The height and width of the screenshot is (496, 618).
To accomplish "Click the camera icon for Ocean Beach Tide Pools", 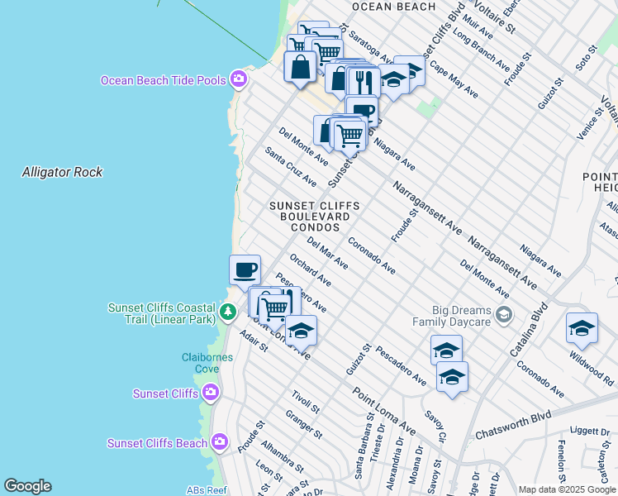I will click(x=239, y=79).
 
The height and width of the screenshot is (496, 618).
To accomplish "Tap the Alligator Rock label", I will click(x=63, y=172).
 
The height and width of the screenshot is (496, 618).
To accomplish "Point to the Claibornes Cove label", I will click(x=207, y=363).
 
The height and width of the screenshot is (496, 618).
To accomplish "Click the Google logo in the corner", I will click(x=27, y=486).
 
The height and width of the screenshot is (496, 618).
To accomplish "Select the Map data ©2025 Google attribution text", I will click(x=566, y=489).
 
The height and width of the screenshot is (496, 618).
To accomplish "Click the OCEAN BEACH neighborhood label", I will click(x=393, y=7).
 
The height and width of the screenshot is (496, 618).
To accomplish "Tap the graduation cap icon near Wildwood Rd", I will click(x=582, y=328).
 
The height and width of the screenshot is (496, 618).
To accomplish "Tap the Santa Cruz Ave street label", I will click(x=290, y=167).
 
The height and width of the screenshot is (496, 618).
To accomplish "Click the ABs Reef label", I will click(x=206, y=489).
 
